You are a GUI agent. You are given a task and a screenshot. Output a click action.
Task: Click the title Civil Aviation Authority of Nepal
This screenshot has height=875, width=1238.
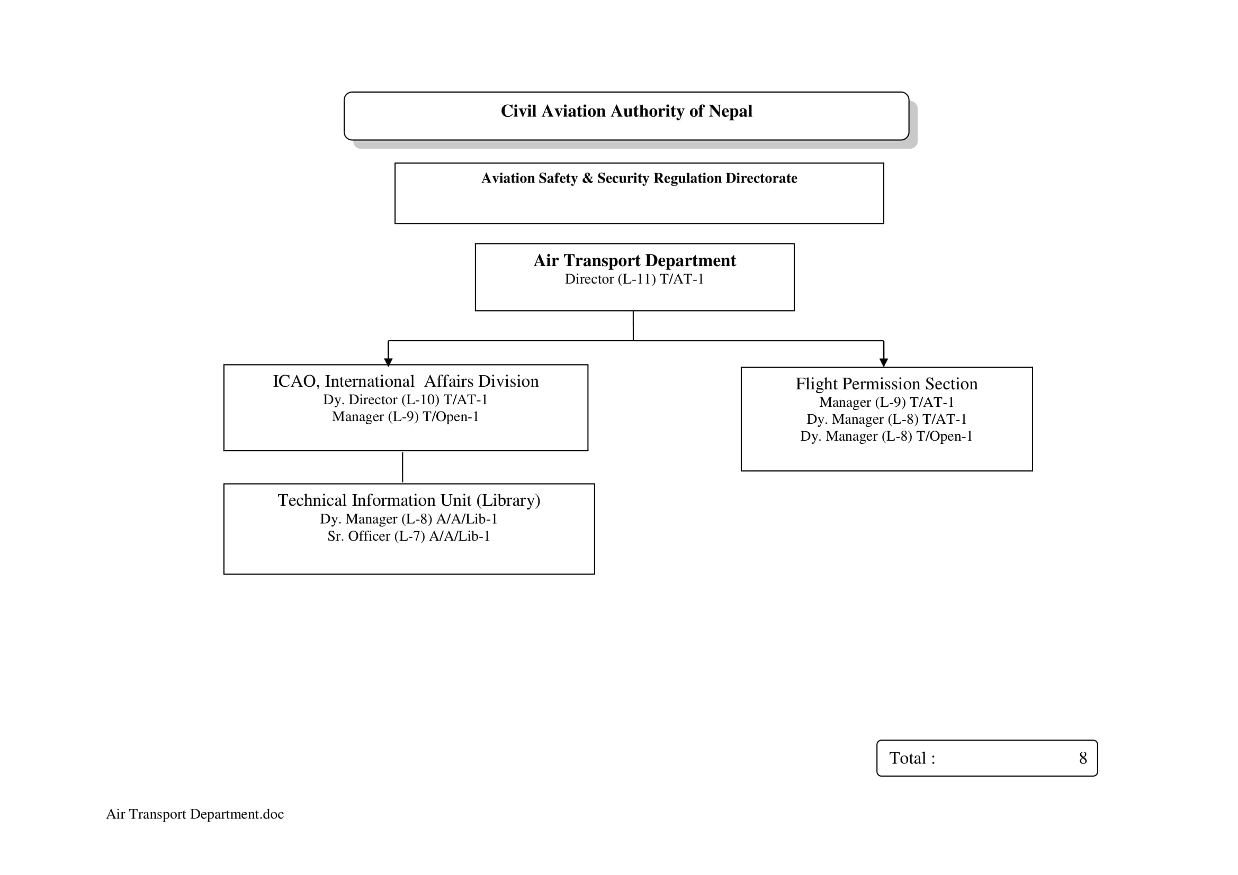tap(626, 111)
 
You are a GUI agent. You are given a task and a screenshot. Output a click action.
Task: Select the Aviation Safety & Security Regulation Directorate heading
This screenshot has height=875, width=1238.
tap(639, 178)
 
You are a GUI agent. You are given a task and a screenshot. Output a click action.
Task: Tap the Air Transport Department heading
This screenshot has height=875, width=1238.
tap(634, 261)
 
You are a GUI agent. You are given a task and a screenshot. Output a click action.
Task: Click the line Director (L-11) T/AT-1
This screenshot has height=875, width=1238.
tap(634, 279)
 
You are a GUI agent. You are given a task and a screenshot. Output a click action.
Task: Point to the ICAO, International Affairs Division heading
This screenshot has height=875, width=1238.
tap(406, 381)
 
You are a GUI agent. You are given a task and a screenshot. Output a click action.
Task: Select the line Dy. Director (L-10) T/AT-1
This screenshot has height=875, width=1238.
tap(406, 400)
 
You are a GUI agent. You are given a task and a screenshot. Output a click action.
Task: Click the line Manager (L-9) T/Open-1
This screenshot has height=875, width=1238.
tap(406, 416)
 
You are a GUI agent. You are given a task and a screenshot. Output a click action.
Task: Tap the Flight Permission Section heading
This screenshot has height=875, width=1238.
tap(886, 384)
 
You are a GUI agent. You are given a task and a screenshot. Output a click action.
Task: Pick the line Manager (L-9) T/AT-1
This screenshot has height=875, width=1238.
tap(886, 403)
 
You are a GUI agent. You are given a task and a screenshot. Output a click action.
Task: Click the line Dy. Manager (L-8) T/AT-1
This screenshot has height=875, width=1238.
tap(886, 419)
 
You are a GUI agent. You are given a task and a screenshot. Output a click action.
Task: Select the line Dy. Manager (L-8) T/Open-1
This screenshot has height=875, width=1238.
tap(886, 436)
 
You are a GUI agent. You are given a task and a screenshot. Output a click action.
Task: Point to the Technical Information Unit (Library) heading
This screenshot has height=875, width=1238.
tap(409, 500)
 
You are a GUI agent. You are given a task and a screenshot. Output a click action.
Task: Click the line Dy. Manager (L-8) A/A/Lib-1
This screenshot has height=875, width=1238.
tap(409, 519)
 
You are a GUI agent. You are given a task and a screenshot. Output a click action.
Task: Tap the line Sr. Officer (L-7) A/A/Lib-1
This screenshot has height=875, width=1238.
tap(409, 536)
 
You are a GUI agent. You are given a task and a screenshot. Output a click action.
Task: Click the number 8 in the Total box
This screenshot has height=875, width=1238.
tap(1082, 759)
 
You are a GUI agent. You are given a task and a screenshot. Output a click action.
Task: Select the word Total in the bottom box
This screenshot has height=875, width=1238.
tap(908, 759)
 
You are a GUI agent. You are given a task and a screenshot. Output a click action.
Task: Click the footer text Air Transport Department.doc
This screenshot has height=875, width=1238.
tap(195, 814)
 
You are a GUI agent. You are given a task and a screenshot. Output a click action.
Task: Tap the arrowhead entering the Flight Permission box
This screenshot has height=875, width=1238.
tap(883, 362)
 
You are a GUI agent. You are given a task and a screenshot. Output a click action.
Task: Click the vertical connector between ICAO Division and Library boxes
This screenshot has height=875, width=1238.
tap(402, 467)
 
